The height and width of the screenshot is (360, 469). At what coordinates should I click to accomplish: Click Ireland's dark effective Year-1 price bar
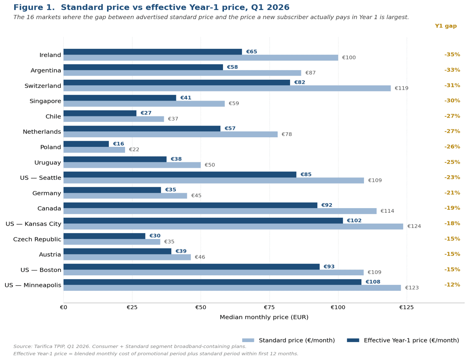(153, 52)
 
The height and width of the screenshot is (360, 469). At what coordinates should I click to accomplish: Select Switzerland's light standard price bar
(227, 88)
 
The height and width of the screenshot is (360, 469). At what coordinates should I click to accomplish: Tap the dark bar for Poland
(86, 144)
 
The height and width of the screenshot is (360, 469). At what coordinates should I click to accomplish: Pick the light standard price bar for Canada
(220, 211)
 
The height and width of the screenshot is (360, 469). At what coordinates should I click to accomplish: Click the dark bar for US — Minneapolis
(212, 282)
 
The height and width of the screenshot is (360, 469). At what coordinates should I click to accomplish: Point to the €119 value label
(401, 88)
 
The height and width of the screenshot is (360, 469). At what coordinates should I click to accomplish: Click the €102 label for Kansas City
(354, 221)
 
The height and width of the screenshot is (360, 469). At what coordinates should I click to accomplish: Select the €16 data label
(118, 144)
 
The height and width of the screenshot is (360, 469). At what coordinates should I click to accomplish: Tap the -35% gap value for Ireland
(452, 55)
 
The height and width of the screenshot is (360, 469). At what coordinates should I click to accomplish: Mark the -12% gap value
(452, 284)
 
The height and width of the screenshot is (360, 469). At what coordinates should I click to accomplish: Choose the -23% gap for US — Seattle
(452, 177)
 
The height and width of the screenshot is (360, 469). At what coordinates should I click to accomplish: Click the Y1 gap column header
(446, 26)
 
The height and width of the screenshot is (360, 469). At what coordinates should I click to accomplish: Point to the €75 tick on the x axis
(269, 307)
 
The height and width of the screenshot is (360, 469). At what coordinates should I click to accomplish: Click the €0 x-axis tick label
(63, 307)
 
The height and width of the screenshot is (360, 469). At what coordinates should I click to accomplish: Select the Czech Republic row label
(37, 239)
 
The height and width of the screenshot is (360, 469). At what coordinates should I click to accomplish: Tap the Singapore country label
(45, 101)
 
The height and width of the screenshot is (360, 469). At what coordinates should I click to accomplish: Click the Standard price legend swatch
(248, 340)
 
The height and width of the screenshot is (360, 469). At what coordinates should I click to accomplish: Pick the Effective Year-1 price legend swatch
(353, 340)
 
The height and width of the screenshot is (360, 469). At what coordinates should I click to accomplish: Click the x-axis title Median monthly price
(264, 317)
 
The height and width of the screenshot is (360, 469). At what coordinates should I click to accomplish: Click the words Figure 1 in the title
(34, 8)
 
